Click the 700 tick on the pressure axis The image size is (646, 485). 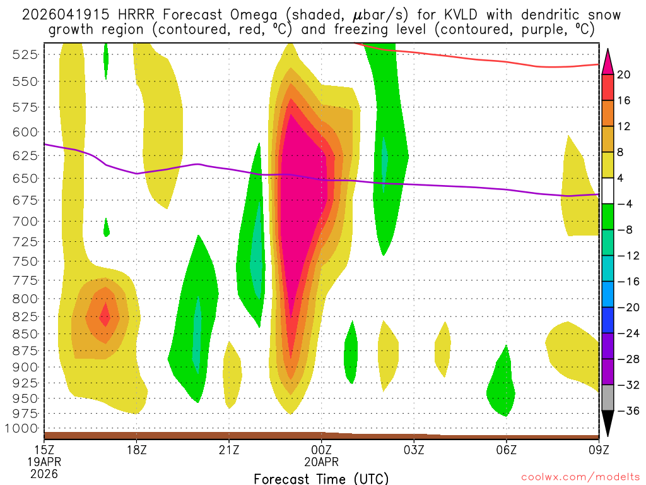click(x=25, y=222)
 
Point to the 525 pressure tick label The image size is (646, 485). click(x=25, y=55)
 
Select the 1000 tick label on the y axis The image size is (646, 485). click(x=23, y=428)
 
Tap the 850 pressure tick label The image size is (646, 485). click(x=25, y=333)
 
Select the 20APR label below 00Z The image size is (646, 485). click(x=322, y=463)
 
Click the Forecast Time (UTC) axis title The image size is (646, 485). click(x=321, y=478)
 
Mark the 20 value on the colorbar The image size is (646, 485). click(x=624, y=75)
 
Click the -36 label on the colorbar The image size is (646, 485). click(x=626, y=411)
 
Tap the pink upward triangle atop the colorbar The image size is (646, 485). click(x=608, y=61)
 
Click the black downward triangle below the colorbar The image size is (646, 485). click(x=608, y=423)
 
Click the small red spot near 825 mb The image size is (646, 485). click(x=105, y=314)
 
